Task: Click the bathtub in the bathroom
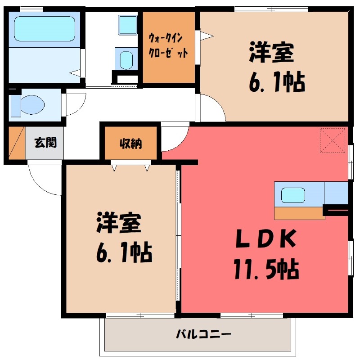(44, 29)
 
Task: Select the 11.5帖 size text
(265, 269)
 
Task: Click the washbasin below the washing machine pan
(126, 59)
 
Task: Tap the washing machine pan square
(126, 25)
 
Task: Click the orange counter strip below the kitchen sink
(299, 213)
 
